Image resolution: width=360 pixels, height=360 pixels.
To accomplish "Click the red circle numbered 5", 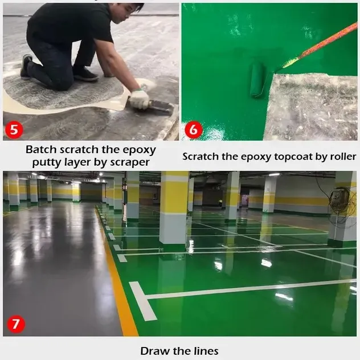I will tap(14, 129).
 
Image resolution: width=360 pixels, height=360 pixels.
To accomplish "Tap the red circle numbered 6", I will tap(193, 129).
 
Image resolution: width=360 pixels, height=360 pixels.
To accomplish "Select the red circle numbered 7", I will tap(15, 325).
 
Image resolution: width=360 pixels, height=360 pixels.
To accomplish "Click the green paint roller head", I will tap(257, 79).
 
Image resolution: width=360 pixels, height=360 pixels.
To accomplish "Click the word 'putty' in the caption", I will tap(51, 162).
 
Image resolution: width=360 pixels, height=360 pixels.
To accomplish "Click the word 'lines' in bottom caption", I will tap(205, 350).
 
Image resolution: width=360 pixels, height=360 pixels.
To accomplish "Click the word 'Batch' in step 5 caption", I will tap(41, 150).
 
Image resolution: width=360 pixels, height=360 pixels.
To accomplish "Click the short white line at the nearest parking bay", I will tap(142, 301).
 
